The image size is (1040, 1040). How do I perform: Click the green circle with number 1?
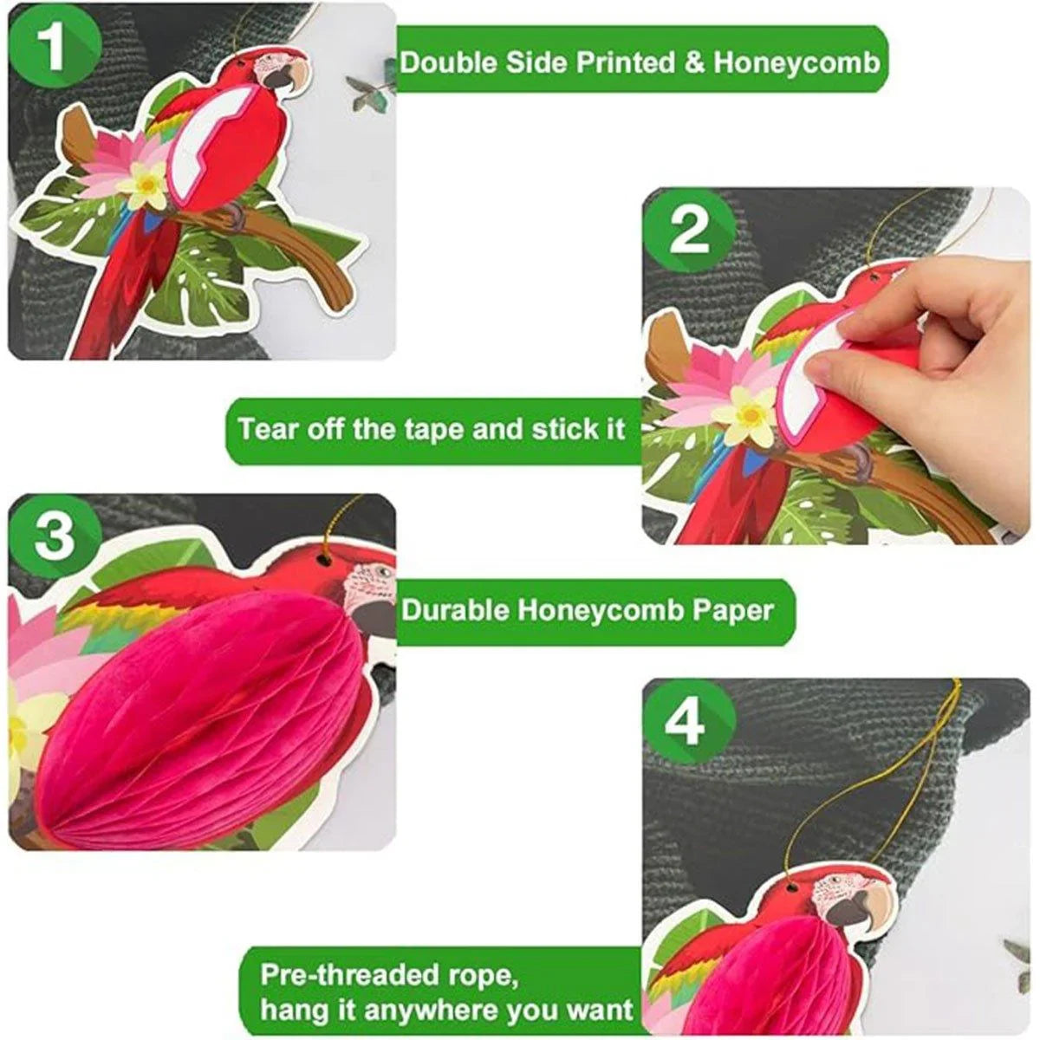(55, 51)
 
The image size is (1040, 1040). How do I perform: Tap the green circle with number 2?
(689, 233)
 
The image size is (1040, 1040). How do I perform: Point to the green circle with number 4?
(689, 724)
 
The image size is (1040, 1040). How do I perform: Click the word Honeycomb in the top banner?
(796, 63)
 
